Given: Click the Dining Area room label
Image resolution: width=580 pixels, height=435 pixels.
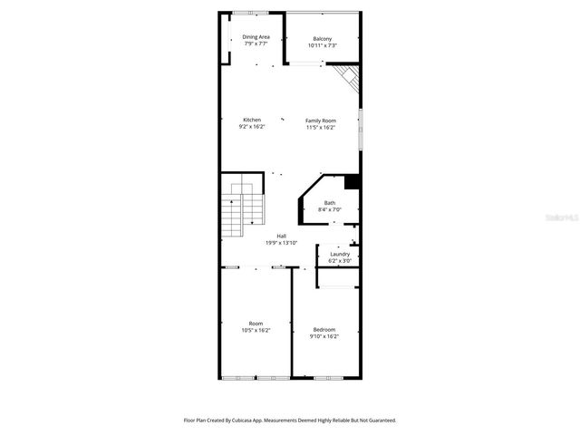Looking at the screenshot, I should [x=256, y=37].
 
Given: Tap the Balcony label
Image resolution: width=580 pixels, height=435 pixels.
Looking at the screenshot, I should [x=322, y=39].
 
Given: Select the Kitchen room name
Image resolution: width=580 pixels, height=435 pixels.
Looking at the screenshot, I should [x=252, y=121].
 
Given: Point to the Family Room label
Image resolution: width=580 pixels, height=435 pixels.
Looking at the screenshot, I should [x=321, y=121].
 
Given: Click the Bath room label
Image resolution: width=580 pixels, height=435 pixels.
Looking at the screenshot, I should [x=330, y=203].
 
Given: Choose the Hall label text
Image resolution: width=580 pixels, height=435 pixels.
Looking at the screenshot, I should [x=282, y=237].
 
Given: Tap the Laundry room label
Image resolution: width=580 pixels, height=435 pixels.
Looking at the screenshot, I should [x=340, y=254].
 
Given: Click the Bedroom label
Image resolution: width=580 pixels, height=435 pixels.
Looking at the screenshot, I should [x=324, y=329].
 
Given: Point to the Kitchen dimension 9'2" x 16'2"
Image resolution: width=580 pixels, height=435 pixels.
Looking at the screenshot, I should [x=252, y=128].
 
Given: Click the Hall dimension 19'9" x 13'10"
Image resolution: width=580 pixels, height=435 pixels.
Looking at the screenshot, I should [x=282, y=243].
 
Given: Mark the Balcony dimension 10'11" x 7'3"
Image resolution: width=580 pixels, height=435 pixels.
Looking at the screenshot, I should [x=322, y=45].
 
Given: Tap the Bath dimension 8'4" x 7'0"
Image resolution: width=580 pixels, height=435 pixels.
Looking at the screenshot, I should [x=330, y=209].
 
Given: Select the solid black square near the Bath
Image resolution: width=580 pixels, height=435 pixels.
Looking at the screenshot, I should [x=353, y=181].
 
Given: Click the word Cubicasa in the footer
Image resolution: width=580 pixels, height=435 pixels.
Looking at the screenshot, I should [x=237, y=420].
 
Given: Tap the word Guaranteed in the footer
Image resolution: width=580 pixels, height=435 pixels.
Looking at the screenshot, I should [x=376, y=420].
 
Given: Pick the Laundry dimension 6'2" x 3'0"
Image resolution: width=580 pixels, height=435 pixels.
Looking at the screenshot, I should [x=340, y=261].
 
